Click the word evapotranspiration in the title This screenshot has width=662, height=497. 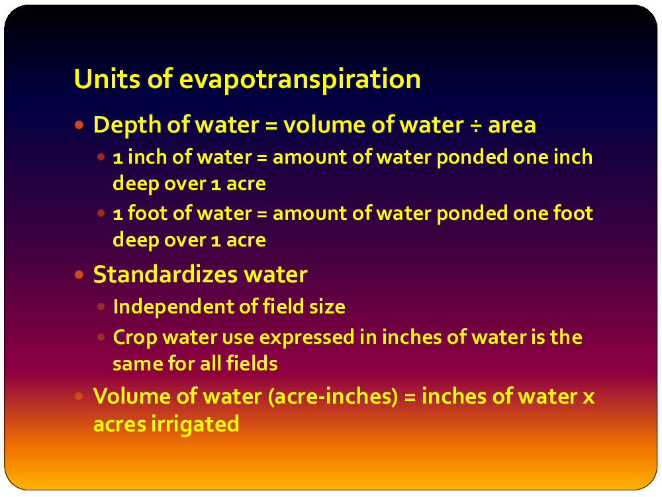(x=300, y=80)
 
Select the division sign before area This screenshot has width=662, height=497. (x=476, y=125)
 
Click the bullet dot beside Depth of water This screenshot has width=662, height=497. (x=79, y=125)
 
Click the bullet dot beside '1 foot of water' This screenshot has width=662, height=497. (x=101, y=213)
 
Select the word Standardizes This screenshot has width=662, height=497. (x=165, y=275)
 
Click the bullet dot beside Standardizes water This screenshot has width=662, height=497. (x=79, y=275)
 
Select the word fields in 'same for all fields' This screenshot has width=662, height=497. (x=252, y=363)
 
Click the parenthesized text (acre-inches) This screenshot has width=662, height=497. (x=333, y=397)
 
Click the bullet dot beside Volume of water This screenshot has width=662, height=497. (x=79, y=396)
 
